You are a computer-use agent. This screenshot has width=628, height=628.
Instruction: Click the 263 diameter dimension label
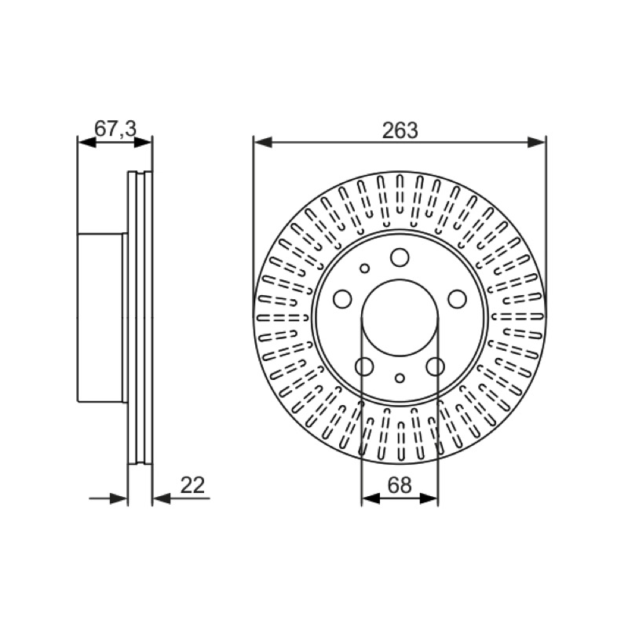pos(400,130)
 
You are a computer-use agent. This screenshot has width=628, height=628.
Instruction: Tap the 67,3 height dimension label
pos(115,129)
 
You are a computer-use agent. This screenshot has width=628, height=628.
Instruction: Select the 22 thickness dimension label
pos(192,485)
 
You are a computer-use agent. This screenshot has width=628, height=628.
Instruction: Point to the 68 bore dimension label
pos(400,485)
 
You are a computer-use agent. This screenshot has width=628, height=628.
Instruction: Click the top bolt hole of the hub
pos(400,257)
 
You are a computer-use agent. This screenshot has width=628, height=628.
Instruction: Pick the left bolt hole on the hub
pos(342,299)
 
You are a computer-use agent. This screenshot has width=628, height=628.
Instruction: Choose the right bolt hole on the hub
pos(457,299)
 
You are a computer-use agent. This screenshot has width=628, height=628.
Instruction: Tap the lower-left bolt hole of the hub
pos(364,366)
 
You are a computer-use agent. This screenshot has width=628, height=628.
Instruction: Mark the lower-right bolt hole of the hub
pos(436,366)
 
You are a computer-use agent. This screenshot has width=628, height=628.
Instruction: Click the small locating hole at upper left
pos(364,268)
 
